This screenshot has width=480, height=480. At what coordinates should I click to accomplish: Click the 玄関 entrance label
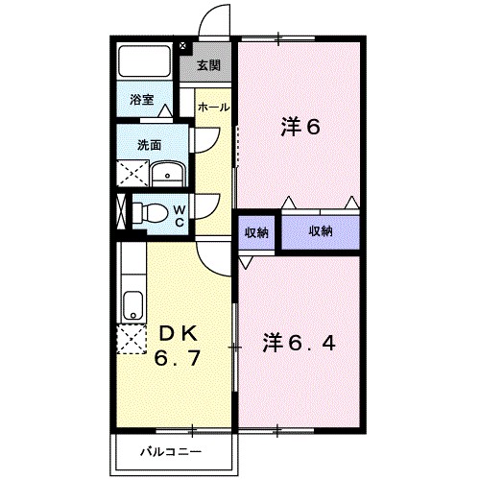208,66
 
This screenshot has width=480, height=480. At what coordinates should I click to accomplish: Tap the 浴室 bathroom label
142,99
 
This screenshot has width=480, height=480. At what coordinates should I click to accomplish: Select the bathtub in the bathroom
145,64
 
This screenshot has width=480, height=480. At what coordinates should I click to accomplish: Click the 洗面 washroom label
148,146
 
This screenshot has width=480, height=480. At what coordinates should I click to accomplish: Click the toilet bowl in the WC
153,212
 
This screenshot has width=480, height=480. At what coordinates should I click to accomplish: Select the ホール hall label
212,108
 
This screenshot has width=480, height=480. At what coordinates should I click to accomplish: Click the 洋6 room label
300,127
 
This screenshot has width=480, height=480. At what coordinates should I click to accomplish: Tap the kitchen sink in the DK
132,305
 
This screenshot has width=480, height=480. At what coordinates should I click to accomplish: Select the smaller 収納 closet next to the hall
256,231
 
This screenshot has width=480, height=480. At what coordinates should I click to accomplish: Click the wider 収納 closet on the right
321,230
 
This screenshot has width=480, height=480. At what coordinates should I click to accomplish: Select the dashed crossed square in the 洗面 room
132,173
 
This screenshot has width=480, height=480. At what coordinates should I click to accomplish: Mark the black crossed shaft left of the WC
121,210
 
